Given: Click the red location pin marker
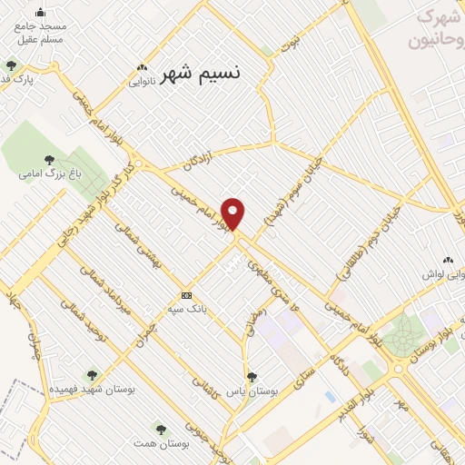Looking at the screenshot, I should click(x=233, y=213).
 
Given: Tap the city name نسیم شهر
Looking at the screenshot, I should click(x=201, y=75).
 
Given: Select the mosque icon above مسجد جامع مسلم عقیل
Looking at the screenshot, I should click(x=40, y=13).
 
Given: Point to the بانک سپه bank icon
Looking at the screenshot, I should click(x=186, y=295).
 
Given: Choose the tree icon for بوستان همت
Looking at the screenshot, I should click(x=161, y=429).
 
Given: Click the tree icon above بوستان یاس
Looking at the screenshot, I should click(x=252, y=376).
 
